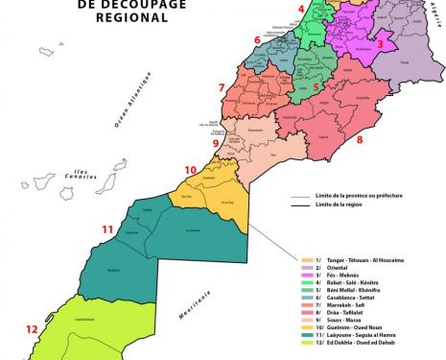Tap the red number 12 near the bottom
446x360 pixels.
coord(32,327)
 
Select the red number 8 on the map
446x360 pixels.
coord(360,140)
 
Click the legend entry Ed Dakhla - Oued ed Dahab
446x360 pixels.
coord(369,344)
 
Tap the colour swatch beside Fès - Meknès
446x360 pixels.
coord(307,275)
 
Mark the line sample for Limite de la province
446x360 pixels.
coord(300,195)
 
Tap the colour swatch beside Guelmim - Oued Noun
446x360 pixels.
coord(307,328)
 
